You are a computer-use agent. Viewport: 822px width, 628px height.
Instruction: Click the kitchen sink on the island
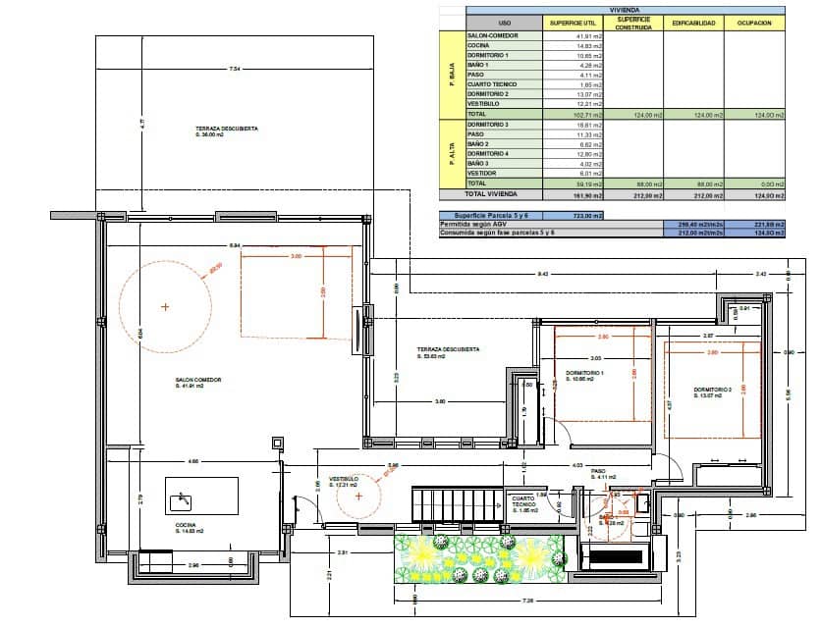[181, 502]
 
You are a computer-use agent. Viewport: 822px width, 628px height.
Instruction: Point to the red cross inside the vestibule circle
[358, 497]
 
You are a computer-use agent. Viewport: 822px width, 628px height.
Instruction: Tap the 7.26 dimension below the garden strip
[527, 600]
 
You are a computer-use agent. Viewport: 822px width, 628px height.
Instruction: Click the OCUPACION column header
[754, 23]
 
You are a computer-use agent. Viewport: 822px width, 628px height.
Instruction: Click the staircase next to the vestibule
[457, 504]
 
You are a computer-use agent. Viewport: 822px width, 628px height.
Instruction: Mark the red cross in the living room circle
[165, 307]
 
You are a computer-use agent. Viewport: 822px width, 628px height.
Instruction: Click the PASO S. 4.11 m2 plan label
[604, 474]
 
